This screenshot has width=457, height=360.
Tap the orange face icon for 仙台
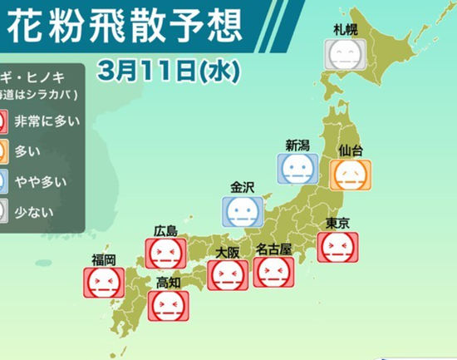350,175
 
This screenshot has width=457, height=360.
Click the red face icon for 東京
337,246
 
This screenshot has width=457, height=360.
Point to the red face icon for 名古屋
273,272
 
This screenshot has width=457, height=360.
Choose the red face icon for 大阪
227,275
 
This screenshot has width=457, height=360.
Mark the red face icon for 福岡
102,283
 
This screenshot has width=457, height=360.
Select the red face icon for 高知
168,305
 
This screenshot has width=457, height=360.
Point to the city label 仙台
350,151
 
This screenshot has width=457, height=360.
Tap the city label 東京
337,223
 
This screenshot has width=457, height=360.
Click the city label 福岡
103,259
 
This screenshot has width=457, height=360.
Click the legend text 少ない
33,212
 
